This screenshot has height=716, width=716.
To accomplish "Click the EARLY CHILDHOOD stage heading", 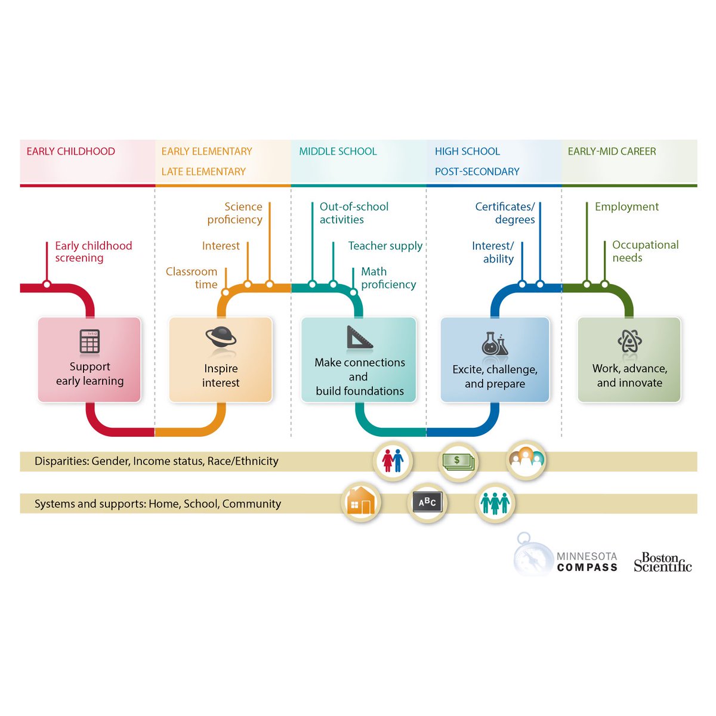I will click(70, 152).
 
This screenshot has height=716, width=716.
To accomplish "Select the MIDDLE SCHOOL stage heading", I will click(338, 152).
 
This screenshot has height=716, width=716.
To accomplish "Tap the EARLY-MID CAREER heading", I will click(612, 152).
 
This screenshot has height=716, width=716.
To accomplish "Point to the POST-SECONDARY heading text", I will click(477, 172).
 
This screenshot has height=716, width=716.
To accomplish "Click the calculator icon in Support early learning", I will click(89, 342).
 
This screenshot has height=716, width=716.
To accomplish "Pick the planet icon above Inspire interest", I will click(221, 338).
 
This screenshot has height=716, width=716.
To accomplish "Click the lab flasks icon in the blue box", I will click(495, 343).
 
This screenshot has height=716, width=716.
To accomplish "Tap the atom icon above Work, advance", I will click(629, 342).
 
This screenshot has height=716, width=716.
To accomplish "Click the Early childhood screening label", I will click(93, 252).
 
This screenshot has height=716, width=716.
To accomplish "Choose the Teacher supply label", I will click(385, 246).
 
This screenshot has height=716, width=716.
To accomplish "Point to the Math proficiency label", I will click(388, 278).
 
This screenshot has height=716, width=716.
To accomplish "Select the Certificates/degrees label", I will click(505, 213).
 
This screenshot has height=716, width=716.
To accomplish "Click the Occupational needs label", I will click(645, 251).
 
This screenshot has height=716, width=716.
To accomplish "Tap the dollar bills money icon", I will click(458, 461).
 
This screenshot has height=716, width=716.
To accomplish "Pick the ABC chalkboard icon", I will click(427, 502).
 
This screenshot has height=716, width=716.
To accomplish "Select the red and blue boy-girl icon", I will click(393, 461).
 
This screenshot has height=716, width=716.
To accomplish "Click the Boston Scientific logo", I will click(662, 562).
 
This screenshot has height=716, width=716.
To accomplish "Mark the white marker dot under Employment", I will click(587, 285).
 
